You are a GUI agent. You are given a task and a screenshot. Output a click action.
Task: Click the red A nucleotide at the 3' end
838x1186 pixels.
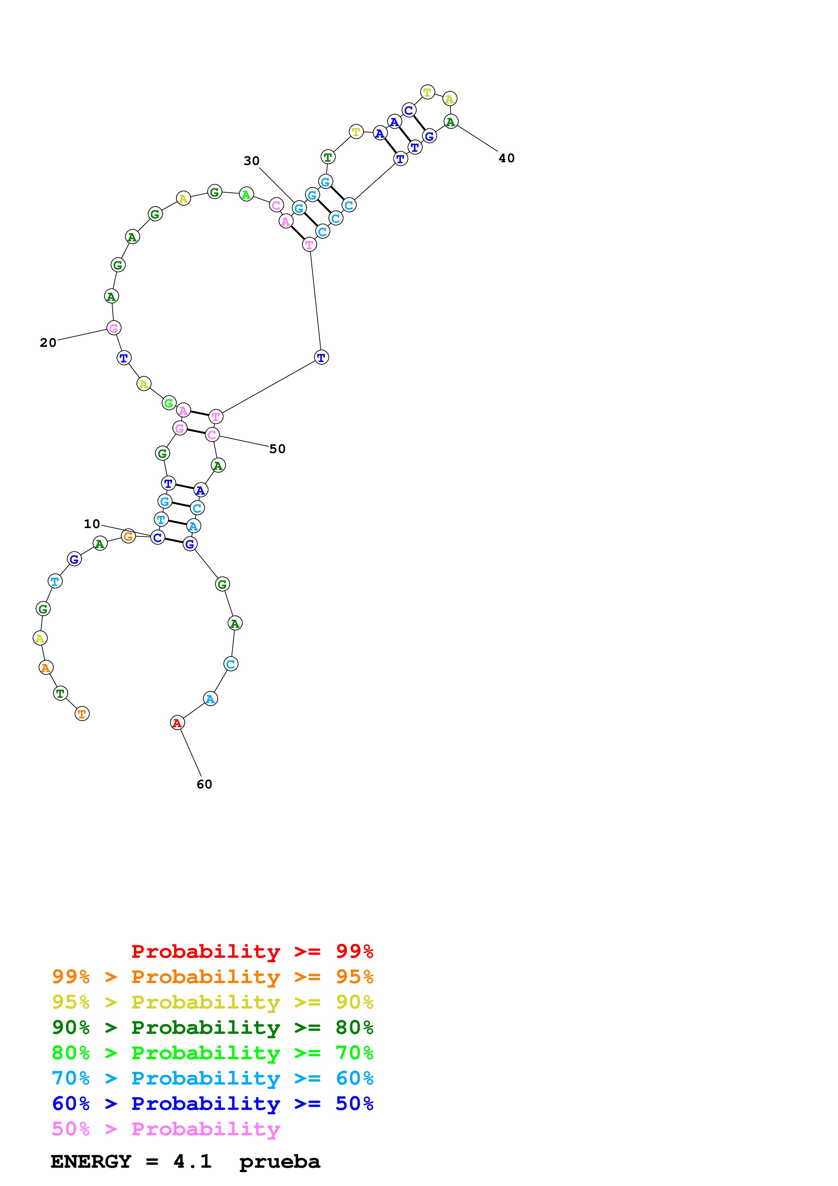point(177,722)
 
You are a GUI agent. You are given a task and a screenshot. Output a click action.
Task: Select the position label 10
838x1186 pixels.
point(92,524)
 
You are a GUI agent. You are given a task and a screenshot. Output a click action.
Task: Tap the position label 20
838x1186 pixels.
point(48,342)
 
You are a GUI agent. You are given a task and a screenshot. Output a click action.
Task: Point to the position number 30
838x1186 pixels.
point(252,161)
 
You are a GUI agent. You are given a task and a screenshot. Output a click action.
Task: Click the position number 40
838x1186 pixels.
point(506,158)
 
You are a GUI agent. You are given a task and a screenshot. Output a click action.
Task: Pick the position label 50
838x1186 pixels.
point(277,449)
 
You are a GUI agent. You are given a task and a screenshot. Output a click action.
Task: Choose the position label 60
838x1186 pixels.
point(205,784)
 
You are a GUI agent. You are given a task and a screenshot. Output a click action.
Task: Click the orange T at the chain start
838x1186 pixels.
point(82,714)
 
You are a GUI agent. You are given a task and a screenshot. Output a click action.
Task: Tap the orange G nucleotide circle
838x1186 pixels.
point(128,536)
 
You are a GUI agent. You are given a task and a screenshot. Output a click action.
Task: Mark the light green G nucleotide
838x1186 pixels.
point(169,403)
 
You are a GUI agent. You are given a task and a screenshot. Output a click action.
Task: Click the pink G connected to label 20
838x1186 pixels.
point(114,328)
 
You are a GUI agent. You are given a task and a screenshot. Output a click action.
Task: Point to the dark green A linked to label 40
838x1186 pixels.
point(451,122)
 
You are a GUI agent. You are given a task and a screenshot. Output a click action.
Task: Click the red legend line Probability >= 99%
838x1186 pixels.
point(252,951)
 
